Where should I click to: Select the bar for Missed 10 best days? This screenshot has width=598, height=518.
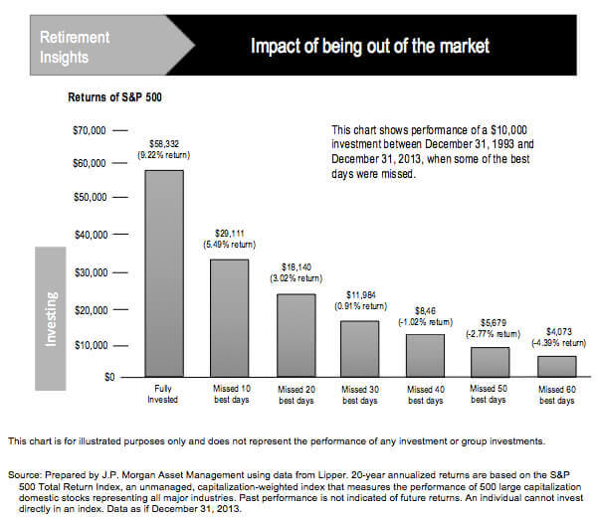(x=229, y=318)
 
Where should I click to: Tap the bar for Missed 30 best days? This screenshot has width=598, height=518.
(x=359, y=349)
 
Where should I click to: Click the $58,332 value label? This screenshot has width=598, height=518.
(x=163, y=144)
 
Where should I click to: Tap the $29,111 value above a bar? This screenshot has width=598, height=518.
(x=229, y=233)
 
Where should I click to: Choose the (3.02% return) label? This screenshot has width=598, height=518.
(x=295, y=279)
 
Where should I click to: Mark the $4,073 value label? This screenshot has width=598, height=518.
(x=555, y=331)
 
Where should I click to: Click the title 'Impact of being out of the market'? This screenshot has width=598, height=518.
(x=370, y=46)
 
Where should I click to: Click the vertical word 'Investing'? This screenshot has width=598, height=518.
(x=51, y=318)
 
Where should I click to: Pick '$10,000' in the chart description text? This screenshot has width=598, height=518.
(x=563, y=130)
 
